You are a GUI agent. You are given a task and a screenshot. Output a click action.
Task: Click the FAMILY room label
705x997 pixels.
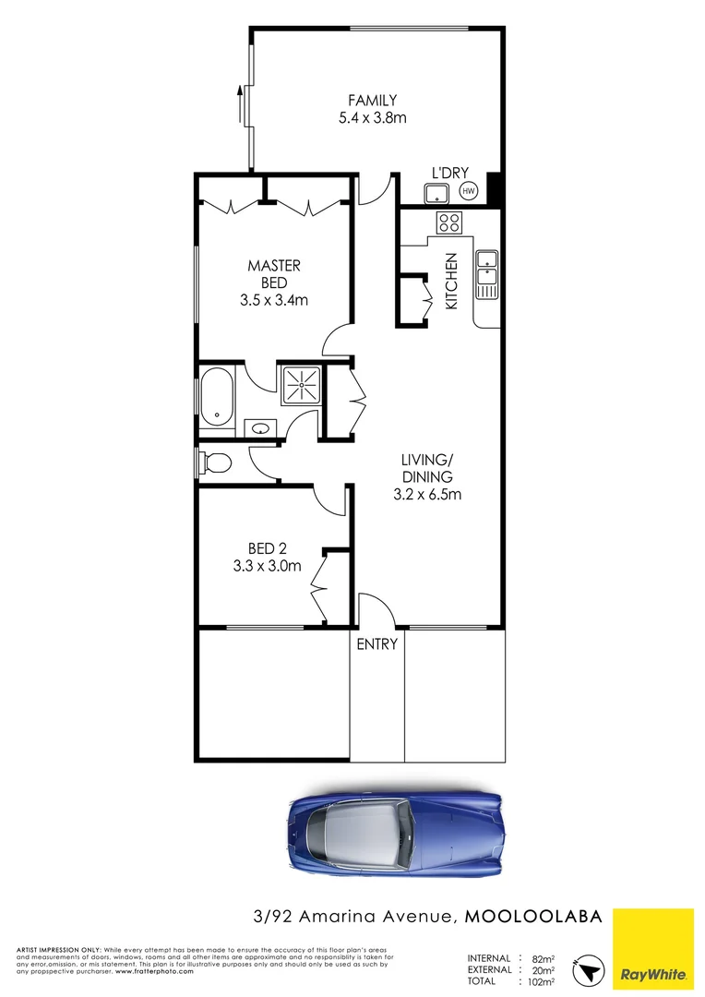click(372, 100)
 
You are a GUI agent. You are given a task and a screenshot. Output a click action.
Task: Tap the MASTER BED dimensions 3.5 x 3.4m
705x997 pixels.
click(273, 300)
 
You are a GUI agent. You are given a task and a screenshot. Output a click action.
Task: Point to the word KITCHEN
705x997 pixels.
click(451, 281)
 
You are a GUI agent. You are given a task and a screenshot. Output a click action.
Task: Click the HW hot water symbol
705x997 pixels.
click(468, 192)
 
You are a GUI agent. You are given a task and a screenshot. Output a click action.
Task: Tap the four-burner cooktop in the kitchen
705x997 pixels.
click(449, 222)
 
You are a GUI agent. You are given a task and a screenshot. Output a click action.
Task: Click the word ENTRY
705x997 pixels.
click(377, 644)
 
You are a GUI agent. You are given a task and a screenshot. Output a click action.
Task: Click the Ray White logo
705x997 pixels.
click(653, 947)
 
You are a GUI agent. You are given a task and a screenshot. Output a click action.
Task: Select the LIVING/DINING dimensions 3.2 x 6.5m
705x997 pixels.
click(426, 494)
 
